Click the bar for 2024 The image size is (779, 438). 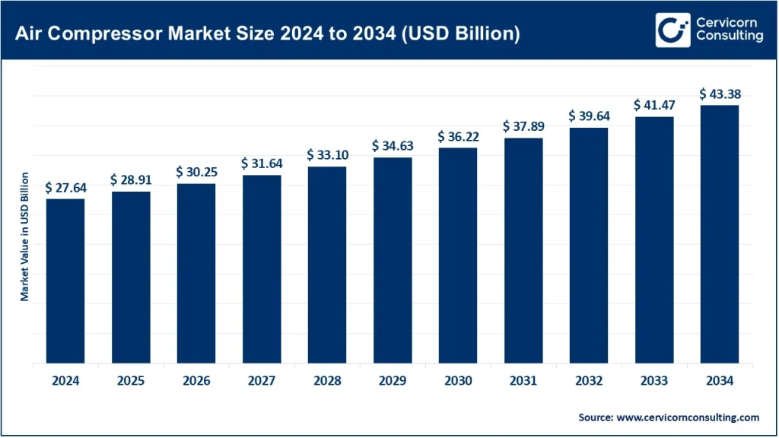click(65, 281)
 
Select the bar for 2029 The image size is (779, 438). click(392, 261)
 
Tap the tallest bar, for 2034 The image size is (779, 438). click(719, 234)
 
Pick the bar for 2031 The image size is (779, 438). click(523, 251)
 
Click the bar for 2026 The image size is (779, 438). click(196, 274)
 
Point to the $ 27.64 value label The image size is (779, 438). click(65, 188)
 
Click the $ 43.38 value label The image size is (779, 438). click(720, 94)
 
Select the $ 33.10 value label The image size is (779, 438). click(327, 155)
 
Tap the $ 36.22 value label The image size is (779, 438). click(458, 137)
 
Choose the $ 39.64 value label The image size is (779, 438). click(589, 116)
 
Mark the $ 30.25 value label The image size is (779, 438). click(196, 173)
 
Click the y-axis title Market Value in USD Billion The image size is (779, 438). click(25, 236)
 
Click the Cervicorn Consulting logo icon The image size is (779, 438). click(672, 30)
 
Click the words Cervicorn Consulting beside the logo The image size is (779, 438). click(727, 30)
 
